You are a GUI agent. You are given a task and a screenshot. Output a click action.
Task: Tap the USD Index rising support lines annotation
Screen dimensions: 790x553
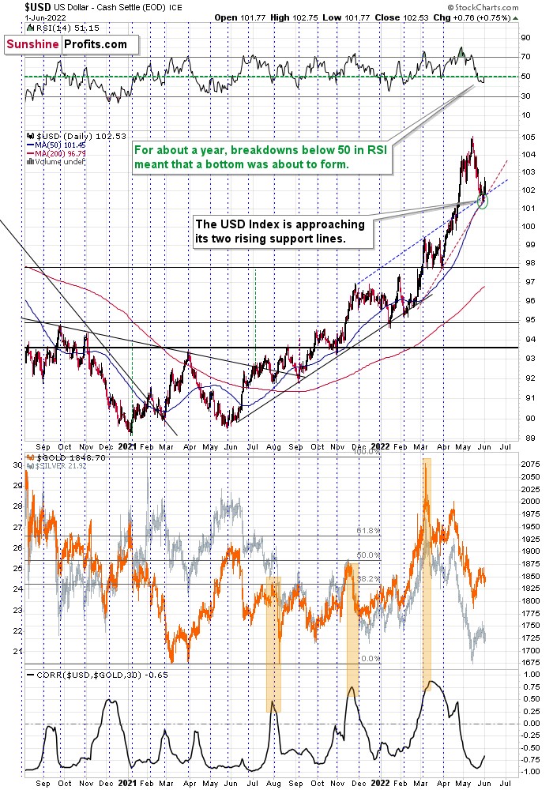[280, 231]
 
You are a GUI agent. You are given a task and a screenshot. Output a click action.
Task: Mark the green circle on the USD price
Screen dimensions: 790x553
[483, 203]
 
